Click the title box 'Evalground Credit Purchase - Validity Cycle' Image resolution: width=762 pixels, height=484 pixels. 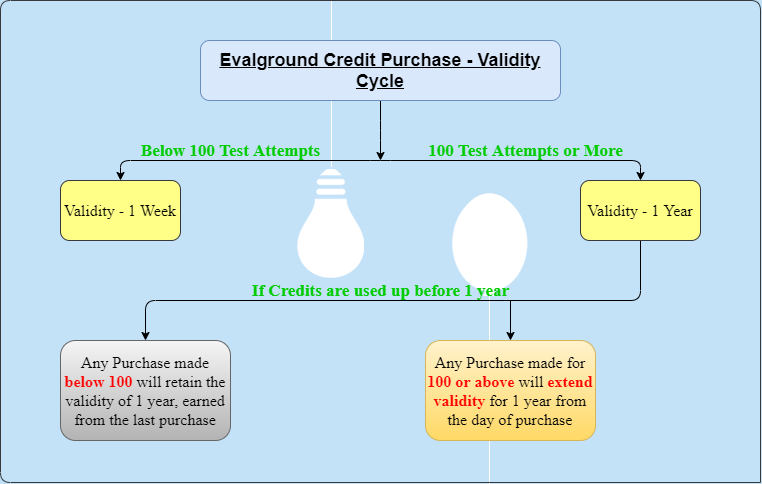[x=380, y=70]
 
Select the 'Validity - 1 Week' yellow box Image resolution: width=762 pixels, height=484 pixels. [x=121, y=210]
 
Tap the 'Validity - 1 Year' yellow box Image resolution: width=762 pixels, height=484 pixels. [x=640, y=210]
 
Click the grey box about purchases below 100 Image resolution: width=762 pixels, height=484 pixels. [x=145, y=391]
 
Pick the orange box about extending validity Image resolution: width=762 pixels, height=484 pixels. [x=510, y=391]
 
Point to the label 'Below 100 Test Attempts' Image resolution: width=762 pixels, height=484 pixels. [x=230, y=151]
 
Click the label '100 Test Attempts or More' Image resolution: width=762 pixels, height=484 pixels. [x=525, y=151]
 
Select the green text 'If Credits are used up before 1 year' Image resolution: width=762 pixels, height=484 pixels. [x=380, y=291]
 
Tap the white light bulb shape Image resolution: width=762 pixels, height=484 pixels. [x=330, y=223]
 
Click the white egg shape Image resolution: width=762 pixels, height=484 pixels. [x=489, y=242]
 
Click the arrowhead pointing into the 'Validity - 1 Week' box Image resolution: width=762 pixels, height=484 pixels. [x=121, y=175]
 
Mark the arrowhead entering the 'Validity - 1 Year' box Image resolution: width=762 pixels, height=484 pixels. [x=640, y=175]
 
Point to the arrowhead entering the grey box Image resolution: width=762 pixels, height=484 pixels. [x=145, y=335]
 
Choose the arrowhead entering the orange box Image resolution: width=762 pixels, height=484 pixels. [x=510, y=335]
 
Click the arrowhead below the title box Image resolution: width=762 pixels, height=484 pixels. [x=381, y=155]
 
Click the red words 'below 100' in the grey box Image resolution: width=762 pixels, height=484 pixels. [x=98, y=382]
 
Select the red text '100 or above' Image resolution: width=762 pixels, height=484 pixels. [x=471, y=382]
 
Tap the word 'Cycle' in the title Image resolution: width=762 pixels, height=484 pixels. [x=380, y=81]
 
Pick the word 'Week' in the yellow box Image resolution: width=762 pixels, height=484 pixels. [x=158, y=211]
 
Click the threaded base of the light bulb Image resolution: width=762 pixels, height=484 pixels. [x=331, y=183]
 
